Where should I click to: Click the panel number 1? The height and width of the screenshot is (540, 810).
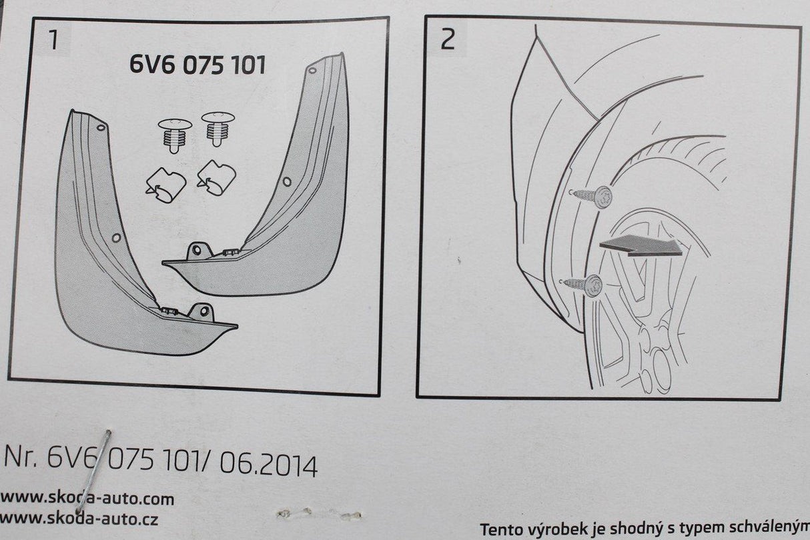point(53,40)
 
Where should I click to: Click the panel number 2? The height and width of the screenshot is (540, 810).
point(448,39)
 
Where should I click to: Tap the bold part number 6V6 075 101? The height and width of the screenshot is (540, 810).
point(197,65)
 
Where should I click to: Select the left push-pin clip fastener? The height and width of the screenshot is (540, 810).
point(175,135)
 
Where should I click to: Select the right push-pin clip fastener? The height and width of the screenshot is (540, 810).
point(218,129)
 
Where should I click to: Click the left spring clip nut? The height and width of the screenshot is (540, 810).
point(166,185)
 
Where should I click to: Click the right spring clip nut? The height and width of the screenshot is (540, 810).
point(217,177)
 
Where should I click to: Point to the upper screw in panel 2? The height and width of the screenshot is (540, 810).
point(590,197)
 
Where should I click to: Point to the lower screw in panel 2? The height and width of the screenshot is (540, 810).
point(580,285)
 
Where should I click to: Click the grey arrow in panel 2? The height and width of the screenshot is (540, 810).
point(641,245)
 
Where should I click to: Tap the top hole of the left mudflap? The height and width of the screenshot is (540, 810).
point(101,127)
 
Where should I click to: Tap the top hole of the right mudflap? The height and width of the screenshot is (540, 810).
point(312,70)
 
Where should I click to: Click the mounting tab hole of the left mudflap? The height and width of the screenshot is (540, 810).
point(205,311)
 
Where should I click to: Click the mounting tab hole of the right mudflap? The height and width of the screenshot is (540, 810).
point(196,250)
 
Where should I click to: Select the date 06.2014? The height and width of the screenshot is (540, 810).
point(268,465)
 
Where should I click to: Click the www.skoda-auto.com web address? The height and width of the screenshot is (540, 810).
point(87,499)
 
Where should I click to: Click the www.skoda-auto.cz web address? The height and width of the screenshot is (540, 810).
point(79,519)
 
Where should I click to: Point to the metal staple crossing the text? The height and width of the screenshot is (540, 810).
point(93,471)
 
